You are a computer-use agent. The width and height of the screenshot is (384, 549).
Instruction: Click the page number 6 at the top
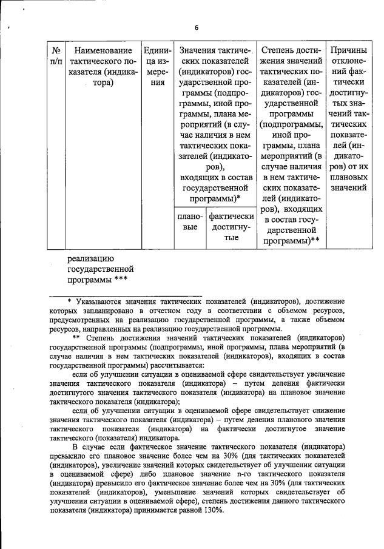(197, 27)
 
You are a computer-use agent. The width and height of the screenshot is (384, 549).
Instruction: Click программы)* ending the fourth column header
(215, 198)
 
